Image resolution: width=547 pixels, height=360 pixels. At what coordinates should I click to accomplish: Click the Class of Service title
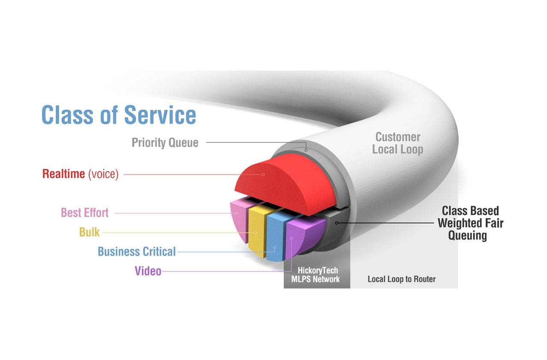click(x=119, y=114)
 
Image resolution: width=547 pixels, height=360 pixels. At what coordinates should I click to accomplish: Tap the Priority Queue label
click(x=165, y=142)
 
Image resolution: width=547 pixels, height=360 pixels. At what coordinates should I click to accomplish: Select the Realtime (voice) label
click(x=80, y=174)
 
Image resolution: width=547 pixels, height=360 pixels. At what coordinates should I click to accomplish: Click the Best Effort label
click(x=85, y=212)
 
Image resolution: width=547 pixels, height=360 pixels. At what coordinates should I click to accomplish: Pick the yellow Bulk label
click(x=89, y=232)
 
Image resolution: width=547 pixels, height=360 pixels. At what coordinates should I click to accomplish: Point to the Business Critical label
click(x=136, y=251)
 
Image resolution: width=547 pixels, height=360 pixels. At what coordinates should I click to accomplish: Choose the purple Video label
click(x=148, y=271)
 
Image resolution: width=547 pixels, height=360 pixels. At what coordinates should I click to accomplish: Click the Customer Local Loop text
click(x=397, y=143)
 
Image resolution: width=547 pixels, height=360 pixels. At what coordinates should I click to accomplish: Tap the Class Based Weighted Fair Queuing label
click(x=470, y=223)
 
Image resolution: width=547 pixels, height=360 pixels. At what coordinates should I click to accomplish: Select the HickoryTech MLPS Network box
click(x=317, y=275)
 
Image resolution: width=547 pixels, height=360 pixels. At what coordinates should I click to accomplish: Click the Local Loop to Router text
click(x=402, y=279)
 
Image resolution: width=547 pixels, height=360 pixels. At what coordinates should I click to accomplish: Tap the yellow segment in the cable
click(x=256, y=231)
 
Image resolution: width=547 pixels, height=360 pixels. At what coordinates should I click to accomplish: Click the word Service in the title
click(x=160, y=114)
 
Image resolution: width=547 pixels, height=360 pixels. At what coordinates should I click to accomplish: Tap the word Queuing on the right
click(x=468, y=235)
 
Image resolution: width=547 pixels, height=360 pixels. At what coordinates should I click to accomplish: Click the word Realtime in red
click(x=64, y=174)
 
